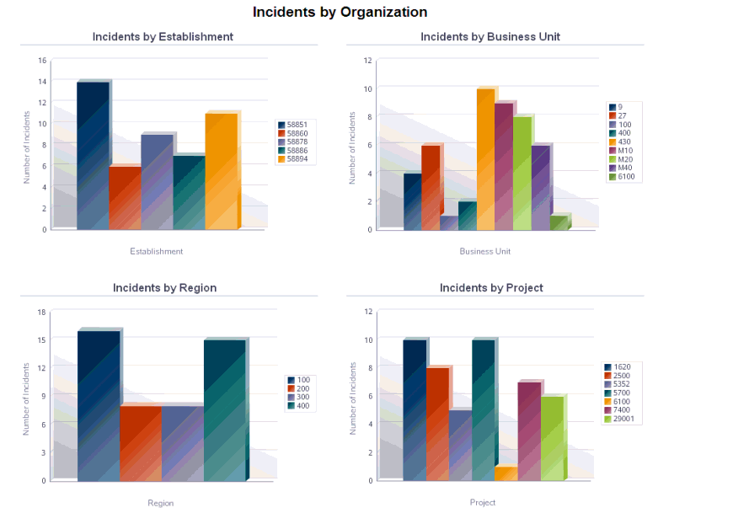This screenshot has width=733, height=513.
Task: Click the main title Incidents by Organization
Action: pyautogui.click(x=340, y=13)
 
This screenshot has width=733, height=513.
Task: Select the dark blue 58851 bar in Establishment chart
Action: pyautogui.click(x=93, y=156)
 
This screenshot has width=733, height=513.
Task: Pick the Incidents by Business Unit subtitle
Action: pyautogui.click(x=490, y=37)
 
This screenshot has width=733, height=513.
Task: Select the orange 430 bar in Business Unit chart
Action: pyautogui.click(x=485, y=160)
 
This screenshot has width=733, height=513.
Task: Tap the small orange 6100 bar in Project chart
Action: pyautogui.click(x=506, y=474)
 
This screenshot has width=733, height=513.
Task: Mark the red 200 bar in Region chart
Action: pyautogui.click(x=141, y=443)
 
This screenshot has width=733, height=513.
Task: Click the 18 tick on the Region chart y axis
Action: pyautogui.click(x=41, y=312)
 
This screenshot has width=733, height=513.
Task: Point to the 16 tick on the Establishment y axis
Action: pyautogui.click(x=42, y=61)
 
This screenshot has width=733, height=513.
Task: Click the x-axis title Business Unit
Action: pyautogui.click(x=484, y=251)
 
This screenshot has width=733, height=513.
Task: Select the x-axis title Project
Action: pyautogui.click(x=483, y=502)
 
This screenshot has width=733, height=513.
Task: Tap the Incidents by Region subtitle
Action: pyautogui.click(x=164, y=288)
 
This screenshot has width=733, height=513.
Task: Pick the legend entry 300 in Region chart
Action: pyautogui.click(x=302, y=397)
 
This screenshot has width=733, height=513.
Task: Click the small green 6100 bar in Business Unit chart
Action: pyautogui.click(x=559, y=223)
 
